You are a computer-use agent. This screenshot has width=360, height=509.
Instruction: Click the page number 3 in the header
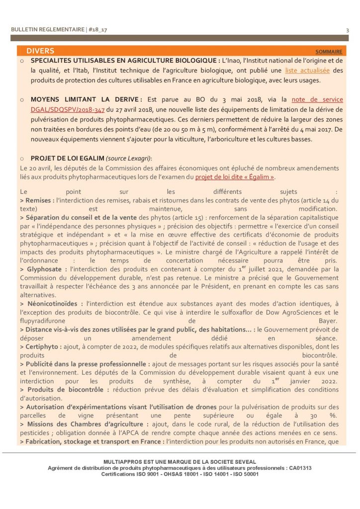347,30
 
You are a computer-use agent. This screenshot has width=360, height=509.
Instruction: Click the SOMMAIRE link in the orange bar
329,51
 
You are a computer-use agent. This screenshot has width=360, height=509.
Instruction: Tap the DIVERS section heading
40,51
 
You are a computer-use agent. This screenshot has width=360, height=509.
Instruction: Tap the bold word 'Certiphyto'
44,346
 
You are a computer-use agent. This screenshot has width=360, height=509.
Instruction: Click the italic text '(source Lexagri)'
128,158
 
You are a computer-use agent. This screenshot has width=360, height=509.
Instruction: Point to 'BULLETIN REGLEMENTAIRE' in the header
47,30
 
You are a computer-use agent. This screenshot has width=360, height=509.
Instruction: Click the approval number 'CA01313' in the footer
300,468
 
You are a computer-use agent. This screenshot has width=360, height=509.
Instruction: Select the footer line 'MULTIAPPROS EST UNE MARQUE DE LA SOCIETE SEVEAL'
180,461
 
